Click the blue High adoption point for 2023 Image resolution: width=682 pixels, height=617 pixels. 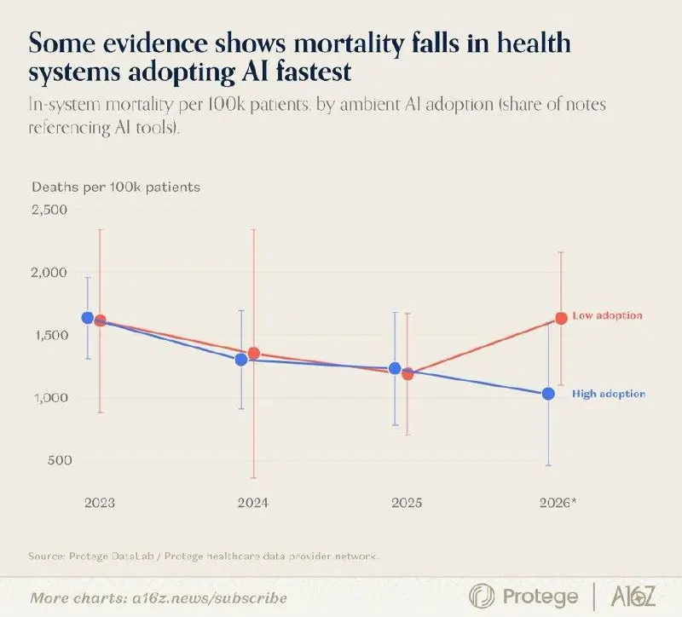pos(88,318)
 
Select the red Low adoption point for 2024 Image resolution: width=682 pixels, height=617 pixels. pos(254,354)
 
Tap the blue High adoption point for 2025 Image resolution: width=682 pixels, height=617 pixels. pos(395,368)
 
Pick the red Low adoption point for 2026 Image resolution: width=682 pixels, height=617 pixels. pos(561,318)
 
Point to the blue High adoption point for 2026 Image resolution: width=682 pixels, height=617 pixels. pos(548,394)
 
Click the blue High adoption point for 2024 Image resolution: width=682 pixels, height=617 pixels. pos(241,360)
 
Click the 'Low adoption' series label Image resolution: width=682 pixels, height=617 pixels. pos(607,315)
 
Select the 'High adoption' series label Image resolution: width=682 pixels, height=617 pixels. pos(609,394)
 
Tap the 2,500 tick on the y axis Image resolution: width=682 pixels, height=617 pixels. pos(49,210)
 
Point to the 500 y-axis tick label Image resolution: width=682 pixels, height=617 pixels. pos(60,460)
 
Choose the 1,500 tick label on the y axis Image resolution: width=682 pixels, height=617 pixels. pos(49,335)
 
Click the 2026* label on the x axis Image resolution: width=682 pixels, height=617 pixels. pos(558,503)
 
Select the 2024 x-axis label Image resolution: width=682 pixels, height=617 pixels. pos(252,503)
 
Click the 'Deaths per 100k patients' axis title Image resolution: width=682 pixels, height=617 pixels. pos(116,187)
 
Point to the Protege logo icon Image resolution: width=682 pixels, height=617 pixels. pos(482,596)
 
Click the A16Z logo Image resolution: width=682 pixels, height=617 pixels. pos(633,596)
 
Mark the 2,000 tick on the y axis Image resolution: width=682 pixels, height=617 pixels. pos(49,272)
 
